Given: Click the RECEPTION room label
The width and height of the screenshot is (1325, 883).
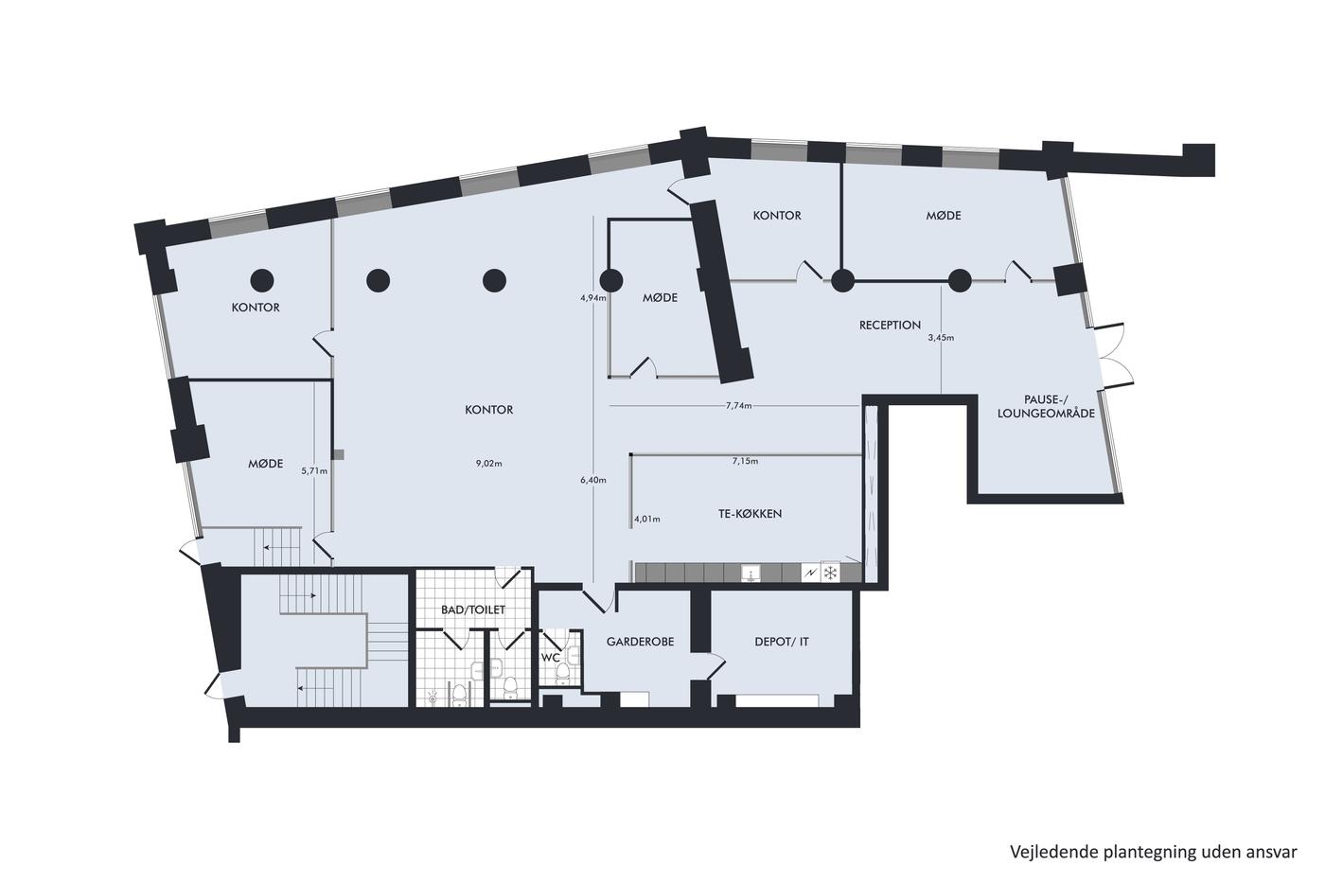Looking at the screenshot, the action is [x=890, y=325].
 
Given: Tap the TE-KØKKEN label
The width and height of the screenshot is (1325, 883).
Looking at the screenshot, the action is [x=750, y=513].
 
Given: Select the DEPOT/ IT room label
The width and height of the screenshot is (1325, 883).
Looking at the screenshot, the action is [x=782, y=642].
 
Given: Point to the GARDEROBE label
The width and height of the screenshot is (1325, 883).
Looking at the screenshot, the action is [x=640, y=642].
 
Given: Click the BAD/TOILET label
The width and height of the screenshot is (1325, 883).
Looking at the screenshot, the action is [x=473, y=609].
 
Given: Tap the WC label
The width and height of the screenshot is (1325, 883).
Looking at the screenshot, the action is [x=550, y=657].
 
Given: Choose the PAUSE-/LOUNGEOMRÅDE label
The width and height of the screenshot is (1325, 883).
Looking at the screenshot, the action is [x=1046, y=406].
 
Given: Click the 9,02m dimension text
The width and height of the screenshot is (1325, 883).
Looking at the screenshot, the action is [x=488, y=464].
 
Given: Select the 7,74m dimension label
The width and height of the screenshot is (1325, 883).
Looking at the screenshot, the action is [x=739, y=406].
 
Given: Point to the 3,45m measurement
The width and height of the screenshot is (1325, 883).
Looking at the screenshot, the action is [x=941, y=338].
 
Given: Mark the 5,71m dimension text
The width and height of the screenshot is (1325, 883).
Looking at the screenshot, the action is [x=314, y=470].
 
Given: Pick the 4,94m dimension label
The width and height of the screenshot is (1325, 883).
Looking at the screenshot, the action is [x=593, y=298].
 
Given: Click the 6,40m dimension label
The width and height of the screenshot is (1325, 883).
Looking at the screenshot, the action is [x=593, y=480].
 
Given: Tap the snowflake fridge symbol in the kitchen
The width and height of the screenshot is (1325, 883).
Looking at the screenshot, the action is [x=831, y=573].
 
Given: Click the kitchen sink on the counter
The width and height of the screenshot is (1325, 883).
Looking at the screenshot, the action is [x=751, y=574].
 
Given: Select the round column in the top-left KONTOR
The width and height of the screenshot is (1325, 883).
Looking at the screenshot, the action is [x=262, y=280].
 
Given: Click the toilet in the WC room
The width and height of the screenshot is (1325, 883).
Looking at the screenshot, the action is [x=562, y=672].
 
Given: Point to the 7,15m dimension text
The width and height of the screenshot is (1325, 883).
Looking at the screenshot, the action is [x=746, y=461].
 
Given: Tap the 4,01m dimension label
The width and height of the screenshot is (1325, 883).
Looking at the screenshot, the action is [x=647, y=520].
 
